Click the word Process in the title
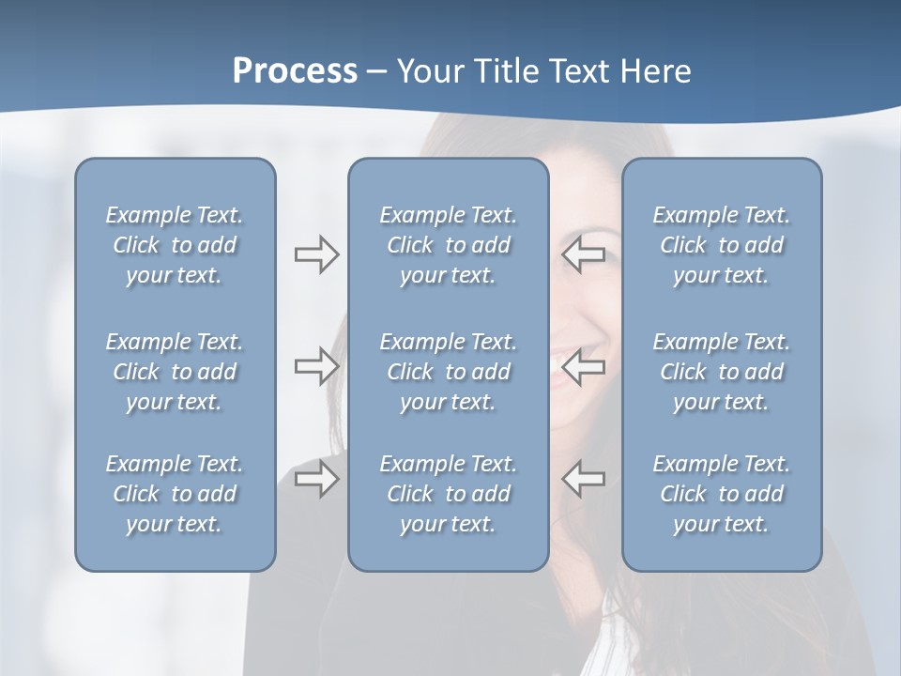pos(295,71)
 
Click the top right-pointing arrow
pos(316,254)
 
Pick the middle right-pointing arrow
pos(316,366)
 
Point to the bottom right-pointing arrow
pos(316,479)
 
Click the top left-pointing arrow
pos(584,254)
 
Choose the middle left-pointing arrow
pos(584,366)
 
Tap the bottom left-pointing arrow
pos(584,479)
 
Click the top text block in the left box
pos(175,245)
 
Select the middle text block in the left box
pos(175,372)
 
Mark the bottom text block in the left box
pos(175,494)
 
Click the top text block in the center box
pos(449,245)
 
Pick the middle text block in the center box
pos(449,372)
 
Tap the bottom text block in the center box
pos(449,494)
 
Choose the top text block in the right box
pos(722,245)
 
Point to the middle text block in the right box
pos(722,372)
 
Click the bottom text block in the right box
pos(722,494)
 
